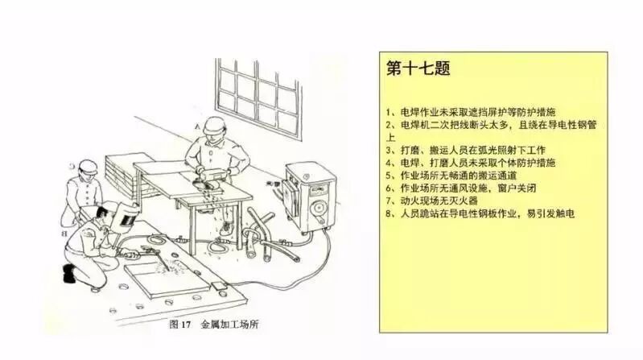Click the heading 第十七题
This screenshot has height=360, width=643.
[418, 68]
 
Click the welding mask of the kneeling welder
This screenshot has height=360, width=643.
[127, 217]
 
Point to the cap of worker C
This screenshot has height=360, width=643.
[88, 165]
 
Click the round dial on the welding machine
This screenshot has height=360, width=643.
[319, 208]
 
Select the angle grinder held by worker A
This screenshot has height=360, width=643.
[209, 180]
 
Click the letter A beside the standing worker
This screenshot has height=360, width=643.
[197, 127]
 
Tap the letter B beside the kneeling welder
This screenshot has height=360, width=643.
[64, 234]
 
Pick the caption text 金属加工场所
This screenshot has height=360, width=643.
[229, 325]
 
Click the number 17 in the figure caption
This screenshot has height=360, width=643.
[186, 325]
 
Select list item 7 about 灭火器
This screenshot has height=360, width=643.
[432, 201]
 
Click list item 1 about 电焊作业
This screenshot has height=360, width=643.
[471, 112]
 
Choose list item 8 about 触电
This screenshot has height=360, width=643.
[480, 213]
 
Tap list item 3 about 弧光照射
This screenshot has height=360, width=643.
[466, 151]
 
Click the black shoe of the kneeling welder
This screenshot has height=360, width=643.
[69, 273]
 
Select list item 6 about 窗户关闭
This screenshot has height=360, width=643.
[461, 188]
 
